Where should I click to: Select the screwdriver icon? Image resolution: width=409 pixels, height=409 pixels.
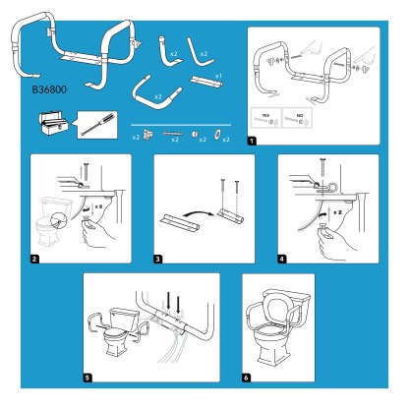(95, 125)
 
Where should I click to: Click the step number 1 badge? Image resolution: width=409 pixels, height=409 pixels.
(253, 142)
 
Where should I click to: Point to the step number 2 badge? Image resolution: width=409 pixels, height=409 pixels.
(34, 262)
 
